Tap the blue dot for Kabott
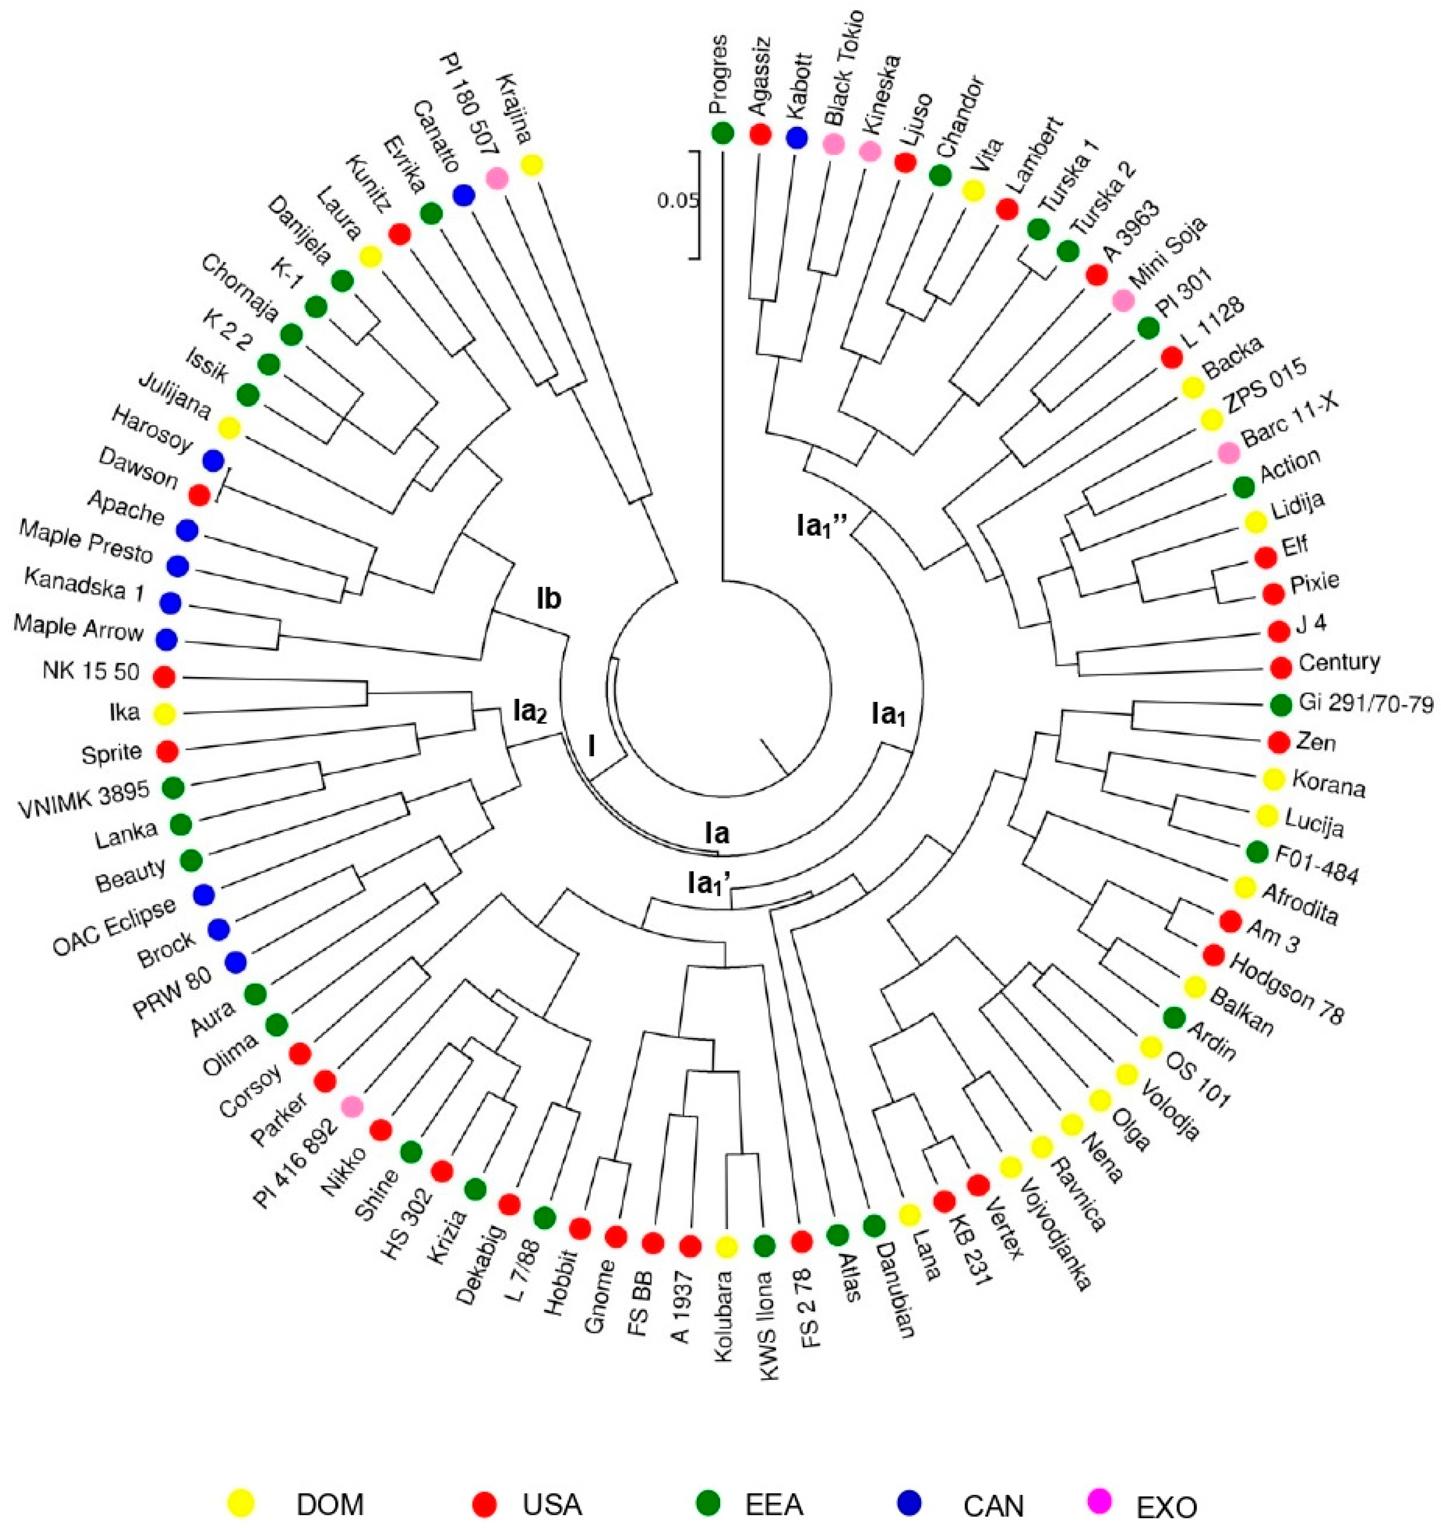tap(797, 138)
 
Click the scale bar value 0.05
tap(678, 202)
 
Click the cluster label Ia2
tap(530, 713)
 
